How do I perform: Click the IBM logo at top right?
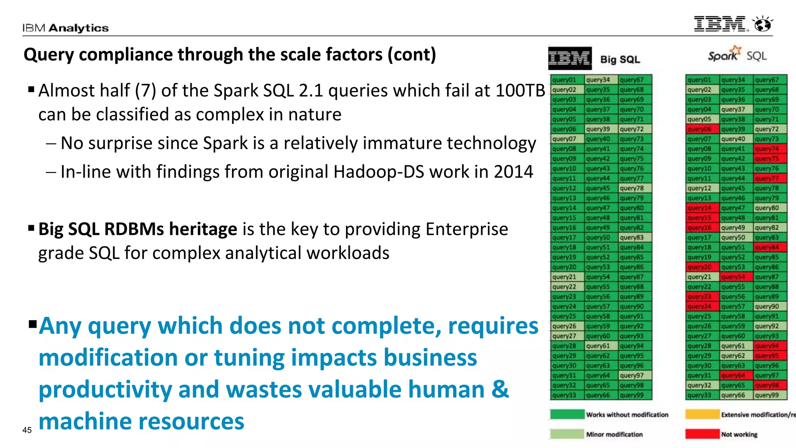[x=720, y=24]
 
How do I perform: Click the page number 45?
[x=27, y=430]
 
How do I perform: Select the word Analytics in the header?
[x=79, y=28]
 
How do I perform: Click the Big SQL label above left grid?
[x=620, y=59]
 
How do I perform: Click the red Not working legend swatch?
[x=702, y=434]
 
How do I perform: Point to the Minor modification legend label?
[x=614, y=434]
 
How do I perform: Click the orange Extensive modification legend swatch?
[x=702, y=415]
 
